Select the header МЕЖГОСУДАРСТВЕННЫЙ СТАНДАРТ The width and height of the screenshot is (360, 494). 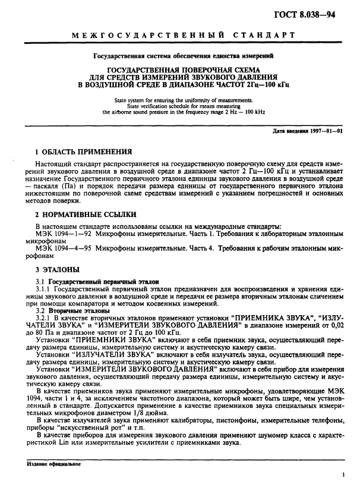(183, 36)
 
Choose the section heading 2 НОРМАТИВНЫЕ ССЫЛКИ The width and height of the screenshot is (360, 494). (86, 214)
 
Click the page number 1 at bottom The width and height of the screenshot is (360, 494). (343, 476)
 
